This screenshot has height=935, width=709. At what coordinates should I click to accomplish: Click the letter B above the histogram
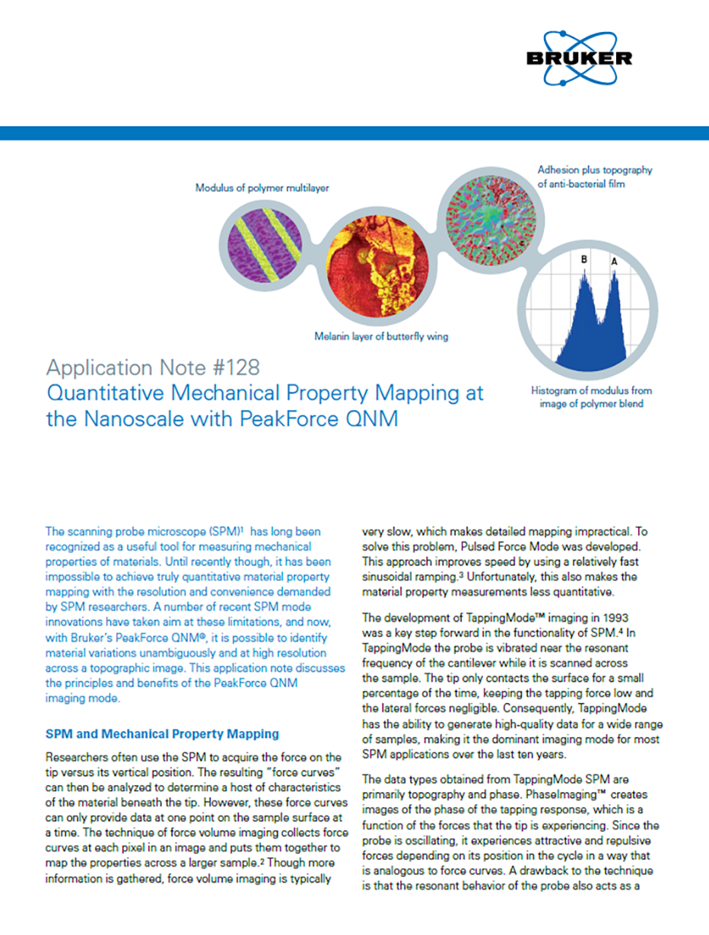tap(584, 259)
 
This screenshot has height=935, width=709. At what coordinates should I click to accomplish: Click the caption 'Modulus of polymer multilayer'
tap(262, 188)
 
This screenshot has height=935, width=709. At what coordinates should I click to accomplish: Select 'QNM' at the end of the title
tap(372, 418)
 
